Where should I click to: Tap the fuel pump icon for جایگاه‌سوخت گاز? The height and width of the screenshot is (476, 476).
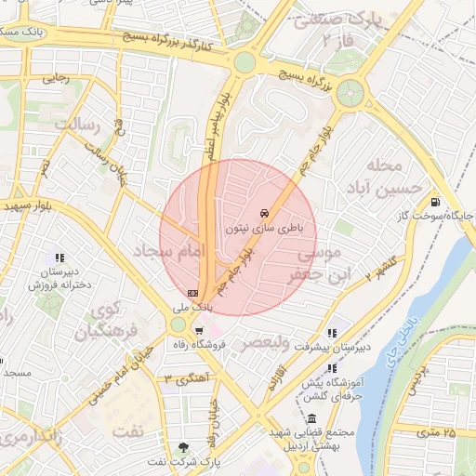click(434, 203)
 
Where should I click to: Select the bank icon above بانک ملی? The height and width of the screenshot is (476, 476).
click(192, 292)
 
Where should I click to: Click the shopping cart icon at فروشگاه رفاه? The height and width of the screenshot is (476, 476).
click(198, 331)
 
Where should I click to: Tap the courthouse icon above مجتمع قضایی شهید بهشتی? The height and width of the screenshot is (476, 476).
click(311, 419)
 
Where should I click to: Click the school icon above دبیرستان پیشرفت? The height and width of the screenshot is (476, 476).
click(332, 333)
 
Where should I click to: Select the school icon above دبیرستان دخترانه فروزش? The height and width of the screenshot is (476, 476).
click(59, 258)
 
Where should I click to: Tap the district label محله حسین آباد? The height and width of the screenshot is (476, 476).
click(385, 178)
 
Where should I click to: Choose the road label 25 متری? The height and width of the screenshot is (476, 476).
click(436, 432)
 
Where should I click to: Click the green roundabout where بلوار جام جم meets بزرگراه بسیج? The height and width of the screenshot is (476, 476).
click(350, 92)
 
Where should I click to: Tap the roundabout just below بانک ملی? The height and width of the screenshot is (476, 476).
click(178, 324)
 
